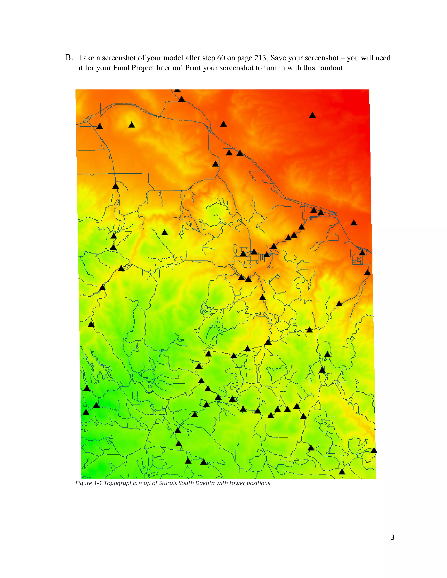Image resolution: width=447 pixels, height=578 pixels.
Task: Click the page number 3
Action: (x=392, y=537)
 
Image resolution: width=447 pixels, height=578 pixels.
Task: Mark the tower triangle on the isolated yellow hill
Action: (x=132, y=125)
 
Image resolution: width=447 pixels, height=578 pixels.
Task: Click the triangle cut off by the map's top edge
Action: (x=177, y=91)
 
